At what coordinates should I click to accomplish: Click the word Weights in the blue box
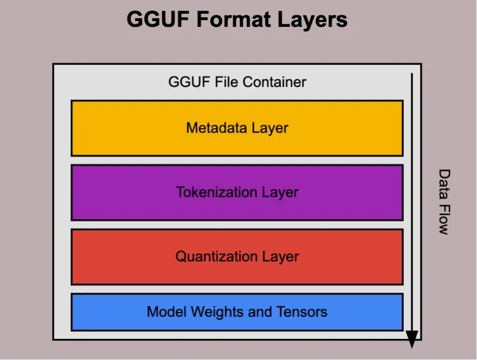tap(217, 312)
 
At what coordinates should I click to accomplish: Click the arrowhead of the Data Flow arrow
tap(412, 339)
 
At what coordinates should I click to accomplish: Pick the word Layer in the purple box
tap(281, 192)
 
